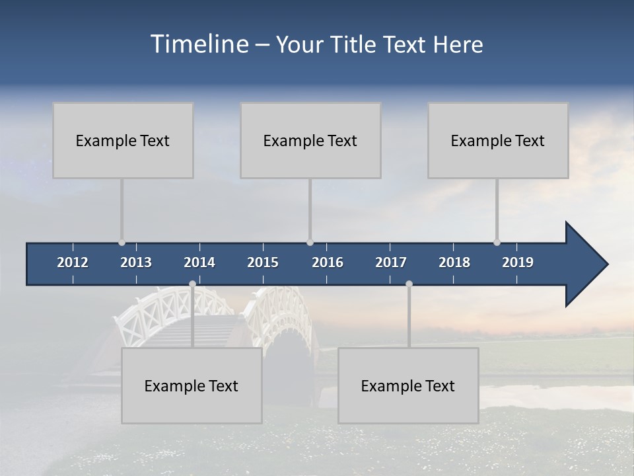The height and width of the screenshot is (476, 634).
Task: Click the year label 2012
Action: click(x=73, y=262)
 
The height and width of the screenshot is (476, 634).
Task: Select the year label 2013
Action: click(x=136, y=262)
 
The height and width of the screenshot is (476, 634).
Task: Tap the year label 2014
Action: click(x=199, y=262)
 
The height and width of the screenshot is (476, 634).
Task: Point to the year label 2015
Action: click(x=263, y=262)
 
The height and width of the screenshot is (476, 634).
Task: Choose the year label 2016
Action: click(x=328, y=262)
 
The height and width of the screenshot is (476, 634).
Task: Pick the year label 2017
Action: click(x=391, y=262)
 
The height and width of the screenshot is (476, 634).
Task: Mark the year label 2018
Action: click(x=454, y=262)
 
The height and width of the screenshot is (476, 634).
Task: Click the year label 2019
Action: click(x=518, y=262)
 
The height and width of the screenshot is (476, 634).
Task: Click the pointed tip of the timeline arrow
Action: click(x=606, y=264)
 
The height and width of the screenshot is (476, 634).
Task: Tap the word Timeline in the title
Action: click(x=199, y=44)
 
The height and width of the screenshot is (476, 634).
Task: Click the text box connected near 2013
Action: click(x=123, y=140)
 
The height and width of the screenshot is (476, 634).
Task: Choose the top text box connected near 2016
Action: click(x=310, y=140)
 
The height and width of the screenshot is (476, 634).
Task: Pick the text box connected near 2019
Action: click(x=498, y=140)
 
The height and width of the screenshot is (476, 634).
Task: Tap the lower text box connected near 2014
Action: click(x=192, y=385)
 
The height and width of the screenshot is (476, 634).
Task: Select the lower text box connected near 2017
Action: click(x=408, y=385)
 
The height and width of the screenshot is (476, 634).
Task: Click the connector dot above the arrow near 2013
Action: click(x=122, y=243)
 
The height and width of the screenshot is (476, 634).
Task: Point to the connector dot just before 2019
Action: click(x=497, y=243)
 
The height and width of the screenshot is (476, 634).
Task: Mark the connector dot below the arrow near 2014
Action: click(x=192, y=284)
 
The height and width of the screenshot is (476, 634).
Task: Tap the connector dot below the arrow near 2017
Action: click(x=409, y=284)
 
